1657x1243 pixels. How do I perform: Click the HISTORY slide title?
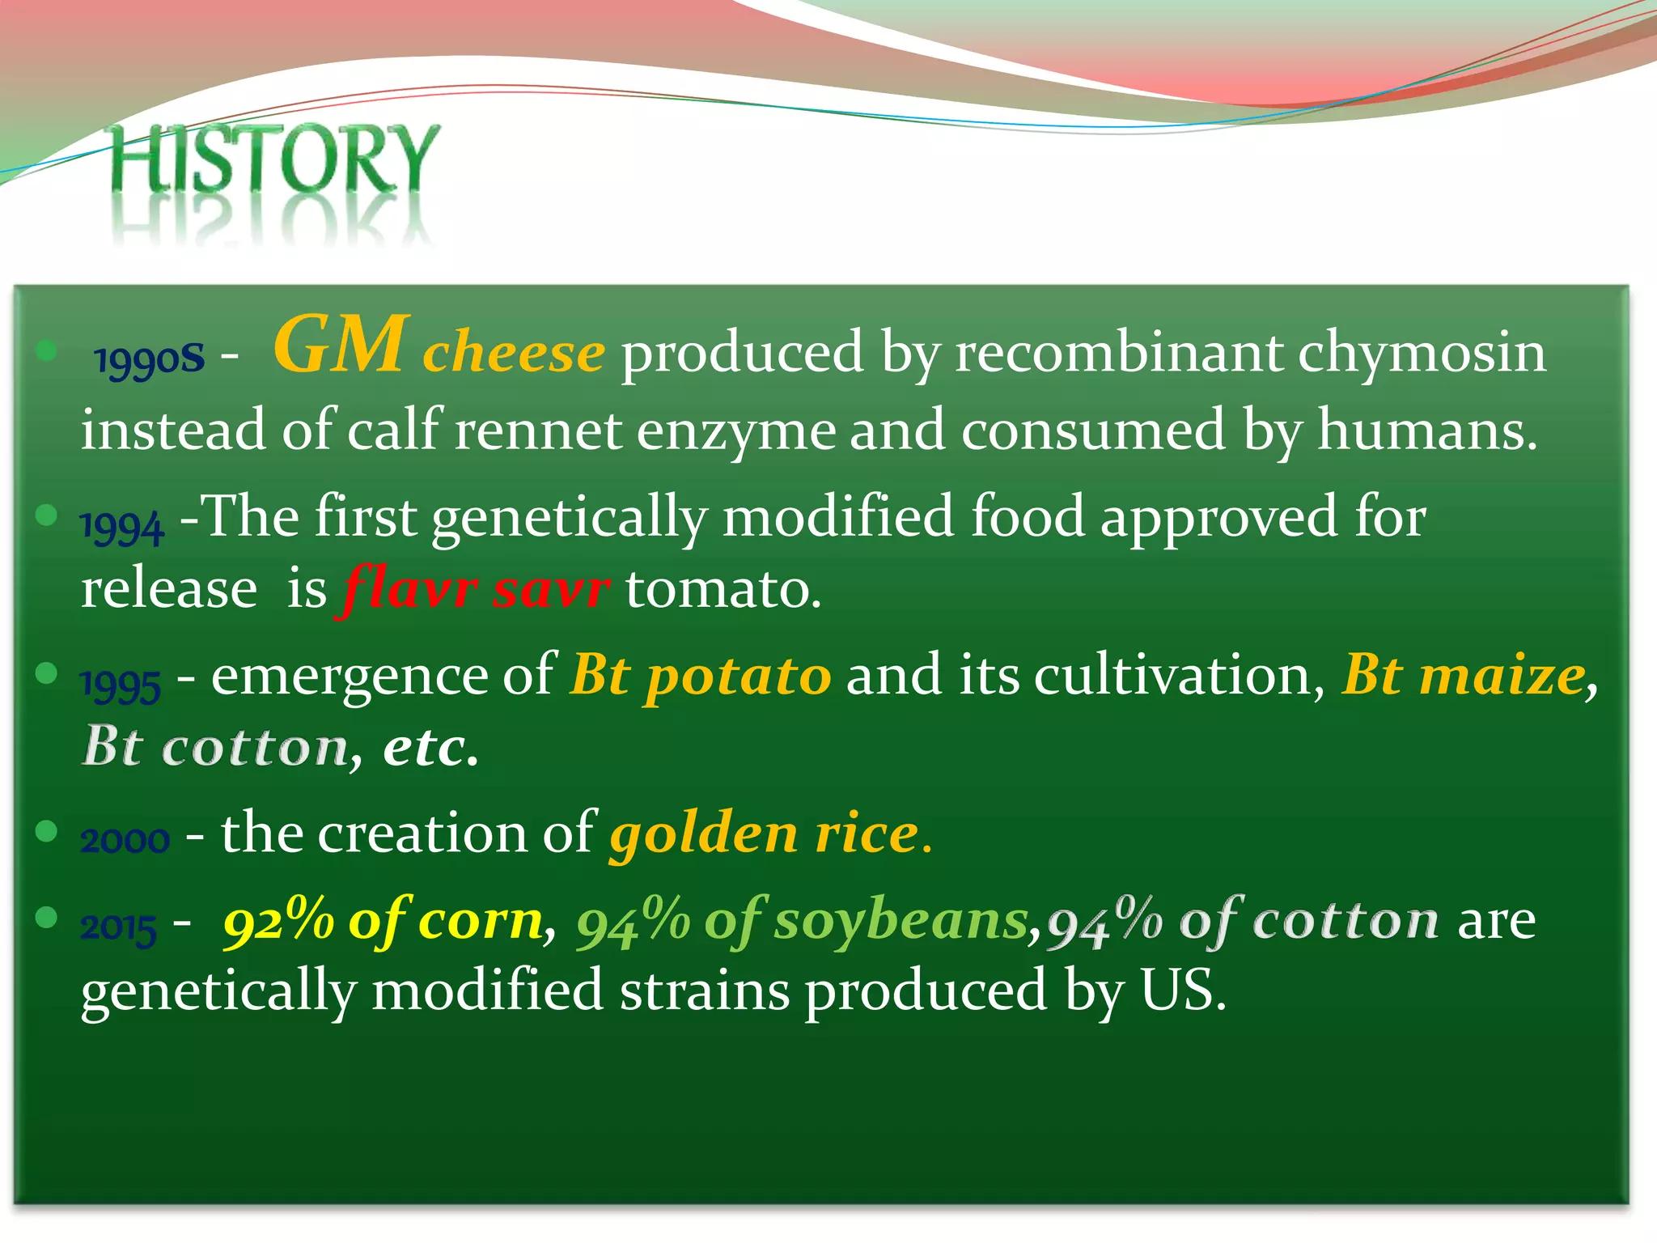click(x=273, y=159)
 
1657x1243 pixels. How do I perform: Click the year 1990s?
click(x=149, y=358)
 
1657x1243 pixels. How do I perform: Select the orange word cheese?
click(x=513, y=353)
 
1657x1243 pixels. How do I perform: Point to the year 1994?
click(x=122, y=527)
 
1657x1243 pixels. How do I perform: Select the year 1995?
click(x=121, y=685)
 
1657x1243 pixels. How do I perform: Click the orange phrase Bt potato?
click(x=700, y=675)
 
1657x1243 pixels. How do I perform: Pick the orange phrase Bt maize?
click(x=1463, y=675)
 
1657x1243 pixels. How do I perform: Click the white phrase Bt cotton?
click(x=215, y=746)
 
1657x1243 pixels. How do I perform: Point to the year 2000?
click(x=125, y=840)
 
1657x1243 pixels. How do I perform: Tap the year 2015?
click(x=118, y=927)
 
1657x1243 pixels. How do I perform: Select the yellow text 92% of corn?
click(x=384, y=921)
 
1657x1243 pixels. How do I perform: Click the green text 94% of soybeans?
click(x=801, y=921)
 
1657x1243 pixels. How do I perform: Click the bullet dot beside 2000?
click(x=47, y=831)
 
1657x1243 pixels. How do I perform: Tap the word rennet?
click(x=537, y=431)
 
